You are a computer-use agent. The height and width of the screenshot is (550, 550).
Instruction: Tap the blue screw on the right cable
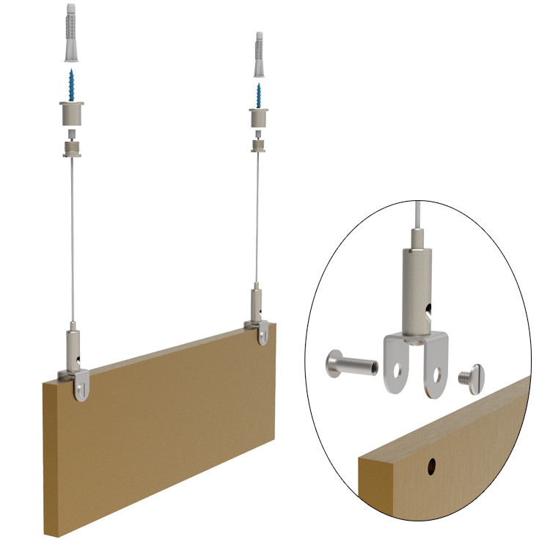[x=259, y=93]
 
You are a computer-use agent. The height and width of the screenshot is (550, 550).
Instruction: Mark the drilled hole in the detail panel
[x=432, y=465]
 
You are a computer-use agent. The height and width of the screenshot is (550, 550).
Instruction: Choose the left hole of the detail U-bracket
[x=400, y=369]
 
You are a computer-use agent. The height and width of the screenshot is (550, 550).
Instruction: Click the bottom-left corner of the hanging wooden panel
[x=45, y=532]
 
